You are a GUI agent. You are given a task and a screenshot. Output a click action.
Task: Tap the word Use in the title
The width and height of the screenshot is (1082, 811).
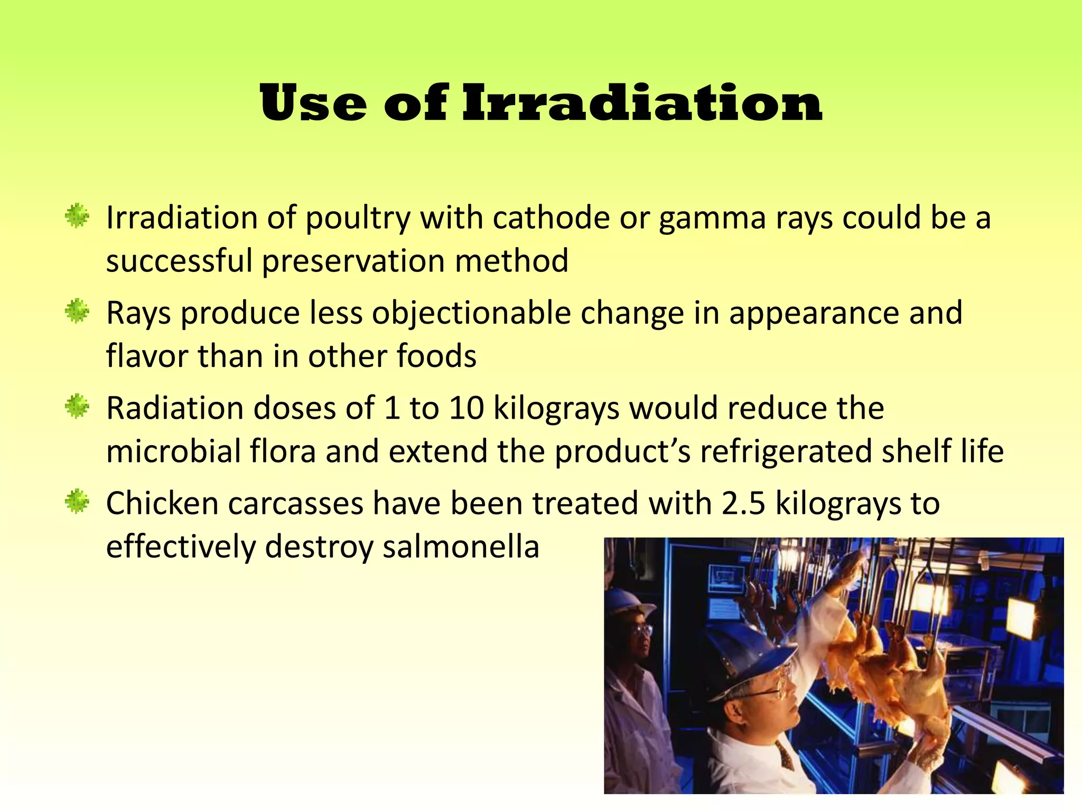point(313,103)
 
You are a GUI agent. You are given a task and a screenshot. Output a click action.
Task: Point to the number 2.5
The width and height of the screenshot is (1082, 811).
point(743,503)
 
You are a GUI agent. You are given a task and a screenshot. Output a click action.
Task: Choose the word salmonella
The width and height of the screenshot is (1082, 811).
point(461,546)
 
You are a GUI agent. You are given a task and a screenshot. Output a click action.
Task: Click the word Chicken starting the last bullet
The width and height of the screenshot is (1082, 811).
point(162,503)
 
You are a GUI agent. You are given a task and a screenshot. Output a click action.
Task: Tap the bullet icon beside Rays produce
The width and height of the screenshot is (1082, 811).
point(77,312)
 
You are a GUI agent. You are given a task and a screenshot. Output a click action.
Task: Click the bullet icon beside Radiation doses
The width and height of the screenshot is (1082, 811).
point(77,407)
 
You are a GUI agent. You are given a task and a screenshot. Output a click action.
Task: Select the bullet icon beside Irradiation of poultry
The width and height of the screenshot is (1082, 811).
point(77,216)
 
